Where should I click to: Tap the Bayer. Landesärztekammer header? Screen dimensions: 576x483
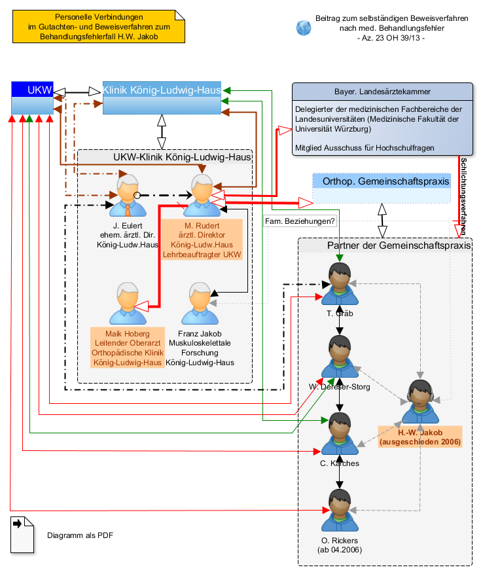click(382, 92)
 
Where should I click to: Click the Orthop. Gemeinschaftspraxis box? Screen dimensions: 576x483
click(382, 188)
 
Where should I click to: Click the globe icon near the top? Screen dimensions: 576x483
click(304, 27)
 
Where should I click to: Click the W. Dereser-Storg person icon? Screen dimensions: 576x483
click(340, 357)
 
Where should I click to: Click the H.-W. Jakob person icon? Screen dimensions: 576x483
click(421, 402)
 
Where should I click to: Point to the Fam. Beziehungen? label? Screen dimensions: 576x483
click(300, 222)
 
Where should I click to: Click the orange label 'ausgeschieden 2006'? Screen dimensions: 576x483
click(420, 442)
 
